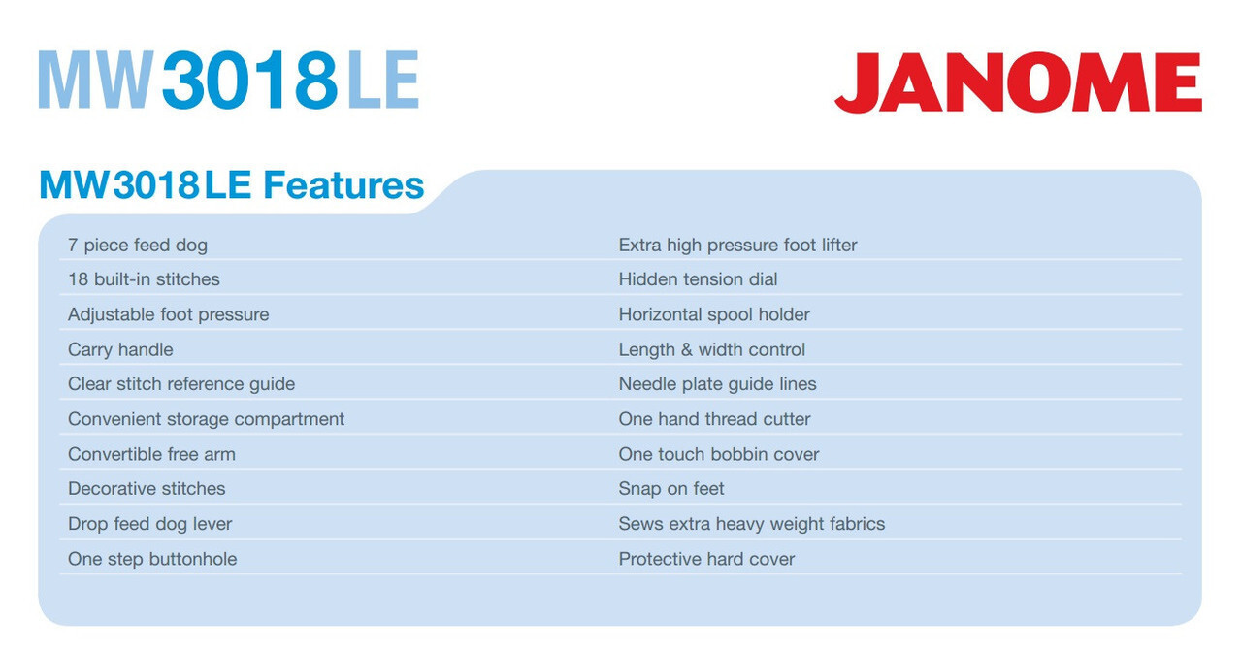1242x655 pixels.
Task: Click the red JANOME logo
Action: pyautogui.click(x=1018, y=82)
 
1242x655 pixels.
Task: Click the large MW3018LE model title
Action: pyautogui.click(x=228, y=80)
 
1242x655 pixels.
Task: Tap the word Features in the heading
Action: pyautogui.click(x=343, y=184)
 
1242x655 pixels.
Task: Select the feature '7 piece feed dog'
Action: pyautogui.click(x=138, y=246)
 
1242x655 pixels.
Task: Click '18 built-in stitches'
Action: pyautogui.click(x=144, y=278)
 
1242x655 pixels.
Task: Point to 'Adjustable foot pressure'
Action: pyautogui.click(x=169, y=314)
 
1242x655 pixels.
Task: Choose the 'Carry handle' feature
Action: pyautogui.click(x=120, y=349)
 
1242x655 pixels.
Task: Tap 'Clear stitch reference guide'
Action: pyautogui.click(x=181, y=384)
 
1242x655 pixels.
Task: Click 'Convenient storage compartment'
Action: pyautogui.click(x=207, y=419)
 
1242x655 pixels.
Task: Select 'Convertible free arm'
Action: pyautogui.click(x=151, y=454)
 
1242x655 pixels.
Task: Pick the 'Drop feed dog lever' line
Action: pyautogui.click(x=149, y=524)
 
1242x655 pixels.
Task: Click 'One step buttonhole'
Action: pyautogui.click(x=152, y=559)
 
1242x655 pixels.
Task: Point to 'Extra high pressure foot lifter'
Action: pyautogui.click(x=738, y=246)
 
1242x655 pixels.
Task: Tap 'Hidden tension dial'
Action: pyautogui.click(x=698, y=278)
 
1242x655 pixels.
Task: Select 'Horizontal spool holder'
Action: pyautogui.click(x=714, y=314)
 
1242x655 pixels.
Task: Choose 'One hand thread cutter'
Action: pyautogui.click(x=715, y=419)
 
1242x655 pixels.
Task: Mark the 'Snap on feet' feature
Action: pyautogui.click(x=671, y=489)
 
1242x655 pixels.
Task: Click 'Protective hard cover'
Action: pyautogui.click(x=707, y=559)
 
